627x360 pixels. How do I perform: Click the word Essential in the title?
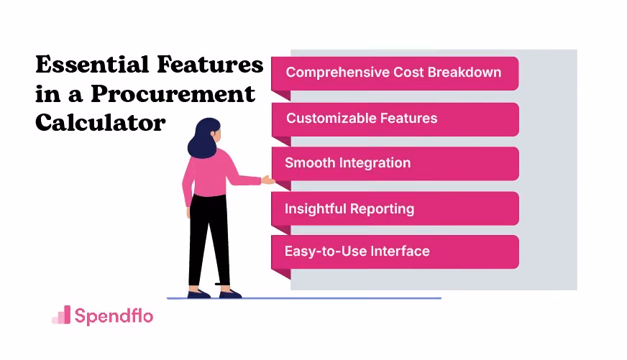92,65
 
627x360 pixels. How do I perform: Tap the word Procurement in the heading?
173,94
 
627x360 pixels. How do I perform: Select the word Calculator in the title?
101,122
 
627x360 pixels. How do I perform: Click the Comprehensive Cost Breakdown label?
393,73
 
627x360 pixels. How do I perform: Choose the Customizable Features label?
362,119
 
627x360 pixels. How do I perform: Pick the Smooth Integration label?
347,163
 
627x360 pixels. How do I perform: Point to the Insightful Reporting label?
349,208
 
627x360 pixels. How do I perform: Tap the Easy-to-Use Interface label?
357,251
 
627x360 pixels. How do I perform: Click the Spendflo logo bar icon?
61,315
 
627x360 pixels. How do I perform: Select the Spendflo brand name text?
114,315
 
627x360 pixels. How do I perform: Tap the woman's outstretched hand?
268,180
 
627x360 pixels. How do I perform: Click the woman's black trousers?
209,240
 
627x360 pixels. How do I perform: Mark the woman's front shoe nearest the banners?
230,294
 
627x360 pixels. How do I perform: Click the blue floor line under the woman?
304,298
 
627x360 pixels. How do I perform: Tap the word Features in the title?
210,65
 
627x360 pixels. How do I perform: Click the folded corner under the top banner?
281,96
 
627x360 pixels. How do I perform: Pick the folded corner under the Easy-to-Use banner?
281,274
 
